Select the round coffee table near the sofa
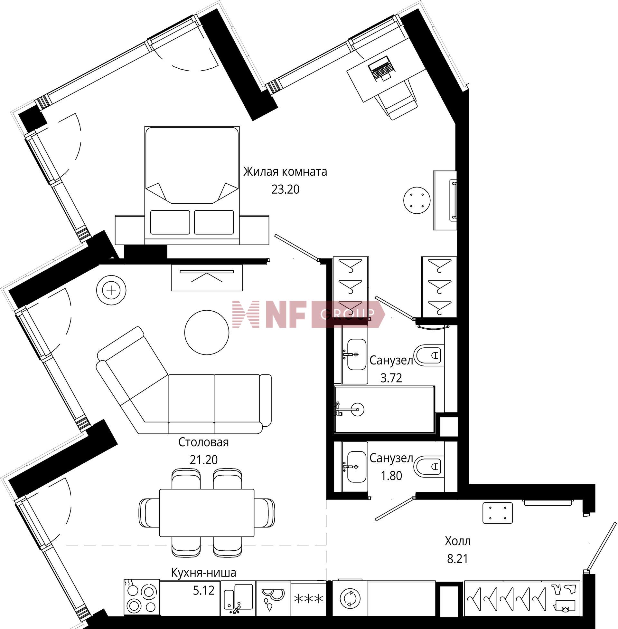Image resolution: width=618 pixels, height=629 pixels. point(207,332)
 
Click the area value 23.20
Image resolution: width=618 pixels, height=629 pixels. point(285,189)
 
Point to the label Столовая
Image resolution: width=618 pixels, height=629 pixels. point(203,442)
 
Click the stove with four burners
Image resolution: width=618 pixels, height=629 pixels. point(142,598)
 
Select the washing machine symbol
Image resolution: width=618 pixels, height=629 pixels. point(350,598)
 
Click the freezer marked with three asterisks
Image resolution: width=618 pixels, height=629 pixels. point(309,598)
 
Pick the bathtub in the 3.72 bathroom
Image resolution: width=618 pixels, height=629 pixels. point(384,410)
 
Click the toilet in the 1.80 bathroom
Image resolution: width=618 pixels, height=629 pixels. point(429,467)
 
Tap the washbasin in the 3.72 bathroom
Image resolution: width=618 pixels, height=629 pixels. point(356,354)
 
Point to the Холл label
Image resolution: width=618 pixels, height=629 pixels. point(458,541)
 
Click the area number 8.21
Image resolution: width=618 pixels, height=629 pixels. point(458,559)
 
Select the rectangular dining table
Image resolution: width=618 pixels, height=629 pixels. point(207,513)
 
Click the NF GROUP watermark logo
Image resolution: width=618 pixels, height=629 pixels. point(308,314)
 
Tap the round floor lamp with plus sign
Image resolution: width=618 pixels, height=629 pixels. point(111,290)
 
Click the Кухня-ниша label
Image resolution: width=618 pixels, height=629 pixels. point(203,573)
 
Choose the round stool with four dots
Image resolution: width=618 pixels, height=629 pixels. point(417,200)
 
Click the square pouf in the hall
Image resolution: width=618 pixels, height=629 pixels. point(498,513)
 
